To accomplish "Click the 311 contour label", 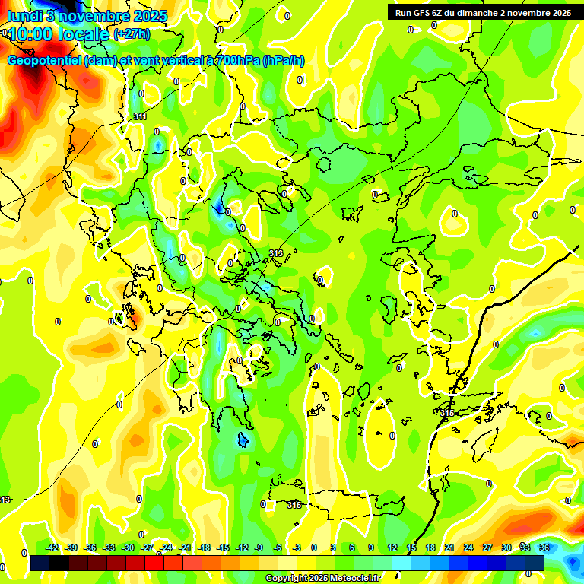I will tap(140, 116).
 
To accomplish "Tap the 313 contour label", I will tap(276, 253).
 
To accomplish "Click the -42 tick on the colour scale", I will tap(52, 547).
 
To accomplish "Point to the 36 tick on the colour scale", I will tap(544, 547).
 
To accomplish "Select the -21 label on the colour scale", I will tap(185, 547).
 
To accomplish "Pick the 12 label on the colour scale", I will tap(392, 547).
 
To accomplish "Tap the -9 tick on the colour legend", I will tap(259, 547).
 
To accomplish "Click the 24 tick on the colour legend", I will tap(468, 547).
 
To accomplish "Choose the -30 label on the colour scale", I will tap(128, 547).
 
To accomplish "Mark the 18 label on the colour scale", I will tap(430, 547).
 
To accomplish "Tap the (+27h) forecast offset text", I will tap(131, 34).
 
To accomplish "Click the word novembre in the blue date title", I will tap(91, 16).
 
